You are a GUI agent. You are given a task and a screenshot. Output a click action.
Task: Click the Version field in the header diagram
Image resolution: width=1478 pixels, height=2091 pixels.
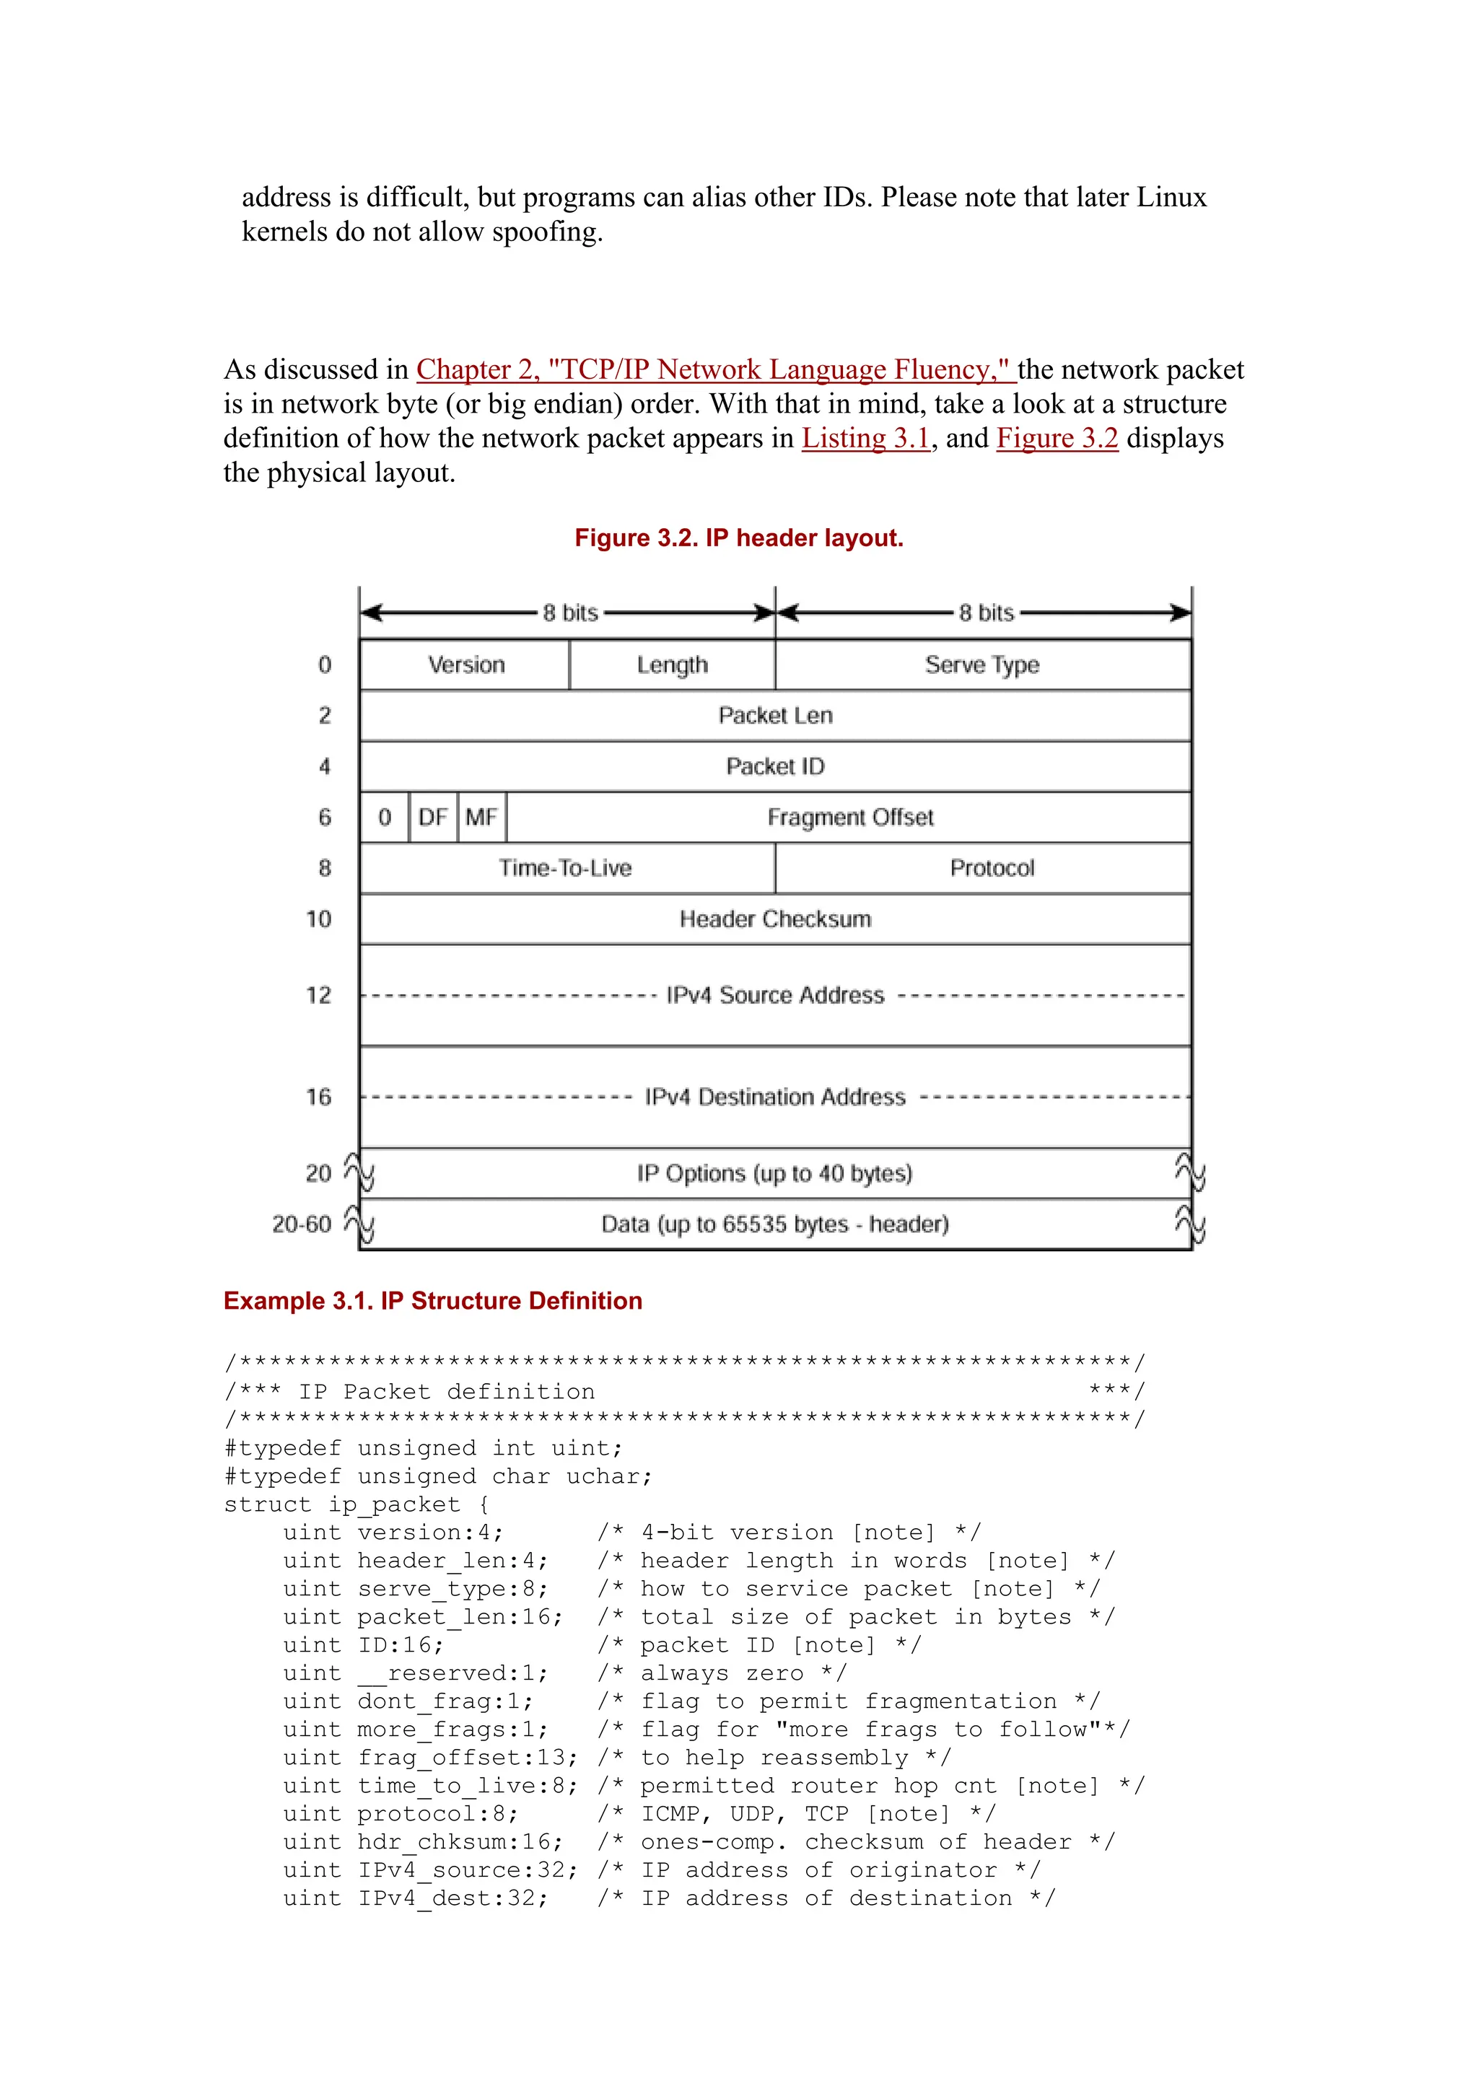point(465,665)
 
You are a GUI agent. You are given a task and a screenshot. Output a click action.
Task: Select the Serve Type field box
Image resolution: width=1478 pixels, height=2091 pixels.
point(981,665)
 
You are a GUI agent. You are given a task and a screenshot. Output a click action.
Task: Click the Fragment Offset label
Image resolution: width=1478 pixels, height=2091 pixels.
point(849,817)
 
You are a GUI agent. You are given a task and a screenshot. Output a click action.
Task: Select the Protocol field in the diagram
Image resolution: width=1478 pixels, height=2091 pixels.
point(991,868)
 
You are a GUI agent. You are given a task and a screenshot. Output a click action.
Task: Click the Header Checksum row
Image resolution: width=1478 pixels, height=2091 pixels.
point(775,919)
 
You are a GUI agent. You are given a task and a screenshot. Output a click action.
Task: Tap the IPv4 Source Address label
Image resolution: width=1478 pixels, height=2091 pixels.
point(775,994)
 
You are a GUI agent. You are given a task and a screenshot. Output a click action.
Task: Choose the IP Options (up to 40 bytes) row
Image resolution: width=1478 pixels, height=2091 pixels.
point(775,1173)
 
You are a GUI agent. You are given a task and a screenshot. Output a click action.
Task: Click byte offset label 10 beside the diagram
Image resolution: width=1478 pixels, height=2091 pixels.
point(318,919)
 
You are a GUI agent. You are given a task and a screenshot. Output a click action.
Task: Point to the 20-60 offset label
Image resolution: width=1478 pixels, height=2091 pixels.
point(302,1224)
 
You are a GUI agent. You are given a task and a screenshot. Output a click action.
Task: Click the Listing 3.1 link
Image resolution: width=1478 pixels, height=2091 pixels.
point(865,438)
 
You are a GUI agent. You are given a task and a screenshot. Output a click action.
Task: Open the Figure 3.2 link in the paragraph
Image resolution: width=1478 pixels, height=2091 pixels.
point(1057,438)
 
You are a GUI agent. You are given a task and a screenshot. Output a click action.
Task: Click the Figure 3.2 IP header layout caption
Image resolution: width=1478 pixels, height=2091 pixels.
point(738,538)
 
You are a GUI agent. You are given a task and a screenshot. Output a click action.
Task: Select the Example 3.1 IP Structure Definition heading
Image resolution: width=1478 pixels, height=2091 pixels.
point(432,1300)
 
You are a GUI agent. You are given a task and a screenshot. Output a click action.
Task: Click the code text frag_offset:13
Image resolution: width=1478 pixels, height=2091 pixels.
point(467,1758)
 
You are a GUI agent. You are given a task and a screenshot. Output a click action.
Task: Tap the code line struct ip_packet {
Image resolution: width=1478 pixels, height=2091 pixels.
point(357,1504)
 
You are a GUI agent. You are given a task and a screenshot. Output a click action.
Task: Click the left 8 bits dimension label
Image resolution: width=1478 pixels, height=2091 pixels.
point(570,613)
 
